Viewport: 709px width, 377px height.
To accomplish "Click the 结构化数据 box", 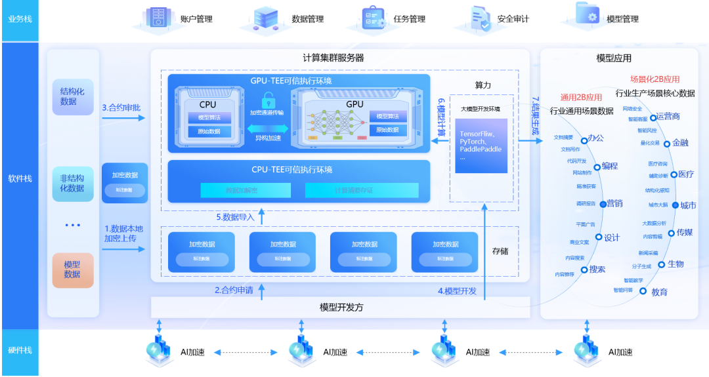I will tap(73, 96).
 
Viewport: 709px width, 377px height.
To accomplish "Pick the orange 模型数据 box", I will tap(73, 269).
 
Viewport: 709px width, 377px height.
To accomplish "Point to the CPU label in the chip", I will tap(207, 104).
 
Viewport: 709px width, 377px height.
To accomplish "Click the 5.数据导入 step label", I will tap(237, 217).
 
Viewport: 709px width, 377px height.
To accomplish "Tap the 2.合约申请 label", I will tap(234, 290).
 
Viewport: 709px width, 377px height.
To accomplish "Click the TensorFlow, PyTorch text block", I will tap(481, 145).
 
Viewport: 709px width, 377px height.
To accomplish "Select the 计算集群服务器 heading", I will tap(333, 58).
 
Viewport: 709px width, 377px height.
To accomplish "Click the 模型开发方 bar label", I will tap(341, 307).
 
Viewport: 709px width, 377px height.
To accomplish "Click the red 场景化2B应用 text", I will tap(655, 79).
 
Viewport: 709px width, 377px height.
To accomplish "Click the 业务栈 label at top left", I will tap(20, 19).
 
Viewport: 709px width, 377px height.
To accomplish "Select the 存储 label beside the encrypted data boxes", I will tap(501, 251).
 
